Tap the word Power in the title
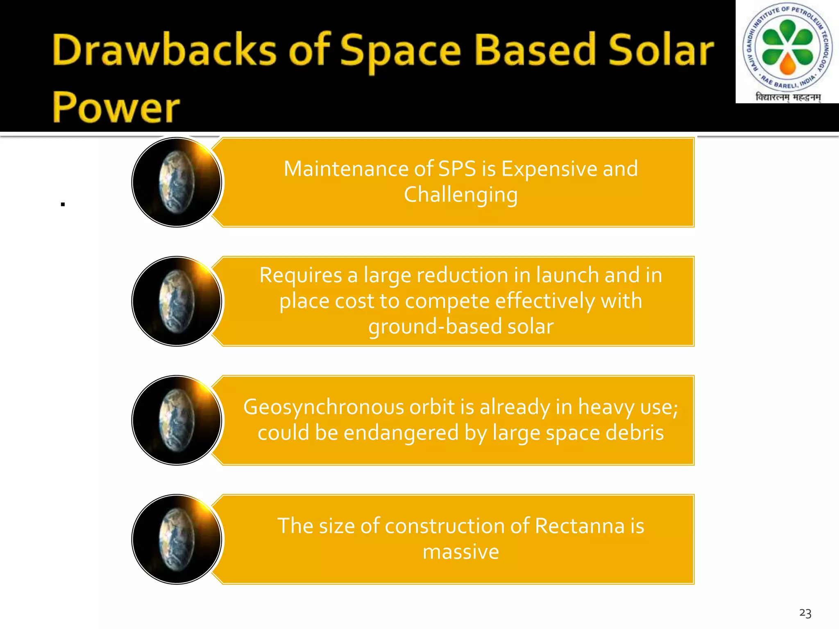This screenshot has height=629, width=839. (x=116, y=108)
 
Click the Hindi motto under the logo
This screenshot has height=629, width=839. (x=788, y=97)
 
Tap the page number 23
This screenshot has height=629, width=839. (x=805, y=613)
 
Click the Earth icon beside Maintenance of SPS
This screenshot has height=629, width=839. (x=177, y=182)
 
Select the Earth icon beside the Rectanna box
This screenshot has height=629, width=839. (x=177, y=539)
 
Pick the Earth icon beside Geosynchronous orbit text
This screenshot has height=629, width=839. (x=177, y=420)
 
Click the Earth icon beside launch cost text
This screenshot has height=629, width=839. (x=177, y=301)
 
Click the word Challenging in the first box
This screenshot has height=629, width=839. (x=460, y=195)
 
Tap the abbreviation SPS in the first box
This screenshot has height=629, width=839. (x=457, y=169)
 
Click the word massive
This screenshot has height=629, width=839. (x=460, y=552)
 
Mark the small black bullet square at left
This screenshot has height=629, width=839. (x=63, y=204)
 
